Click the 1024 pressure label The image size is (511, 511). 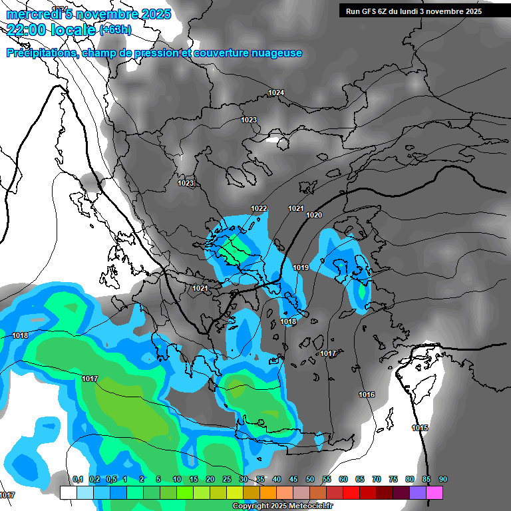coord(276,92)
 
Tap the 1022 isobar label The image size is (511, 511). coord(259,208)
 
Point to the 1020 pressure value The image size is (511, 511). coord(314,215)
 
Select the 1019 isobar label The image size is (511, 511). coord(301,267)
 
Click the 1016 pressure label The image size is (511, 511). coord(367,395)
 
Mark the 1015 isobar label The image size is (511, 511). coord(420,428)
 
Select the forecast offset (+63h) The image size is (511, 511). coord(115,29)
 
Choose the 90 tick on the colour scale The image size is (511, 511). coord(442,479)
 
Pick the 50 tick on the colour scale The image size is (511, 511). coord(310,479)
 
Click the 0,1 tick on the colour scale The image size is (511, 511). coord(77,479)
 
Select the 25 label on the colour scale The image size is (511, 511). coord(227,479)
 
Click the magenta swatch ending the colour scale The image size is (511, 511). coord(434,492)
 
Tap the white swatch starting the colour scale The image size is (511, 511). coord(68,492)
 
